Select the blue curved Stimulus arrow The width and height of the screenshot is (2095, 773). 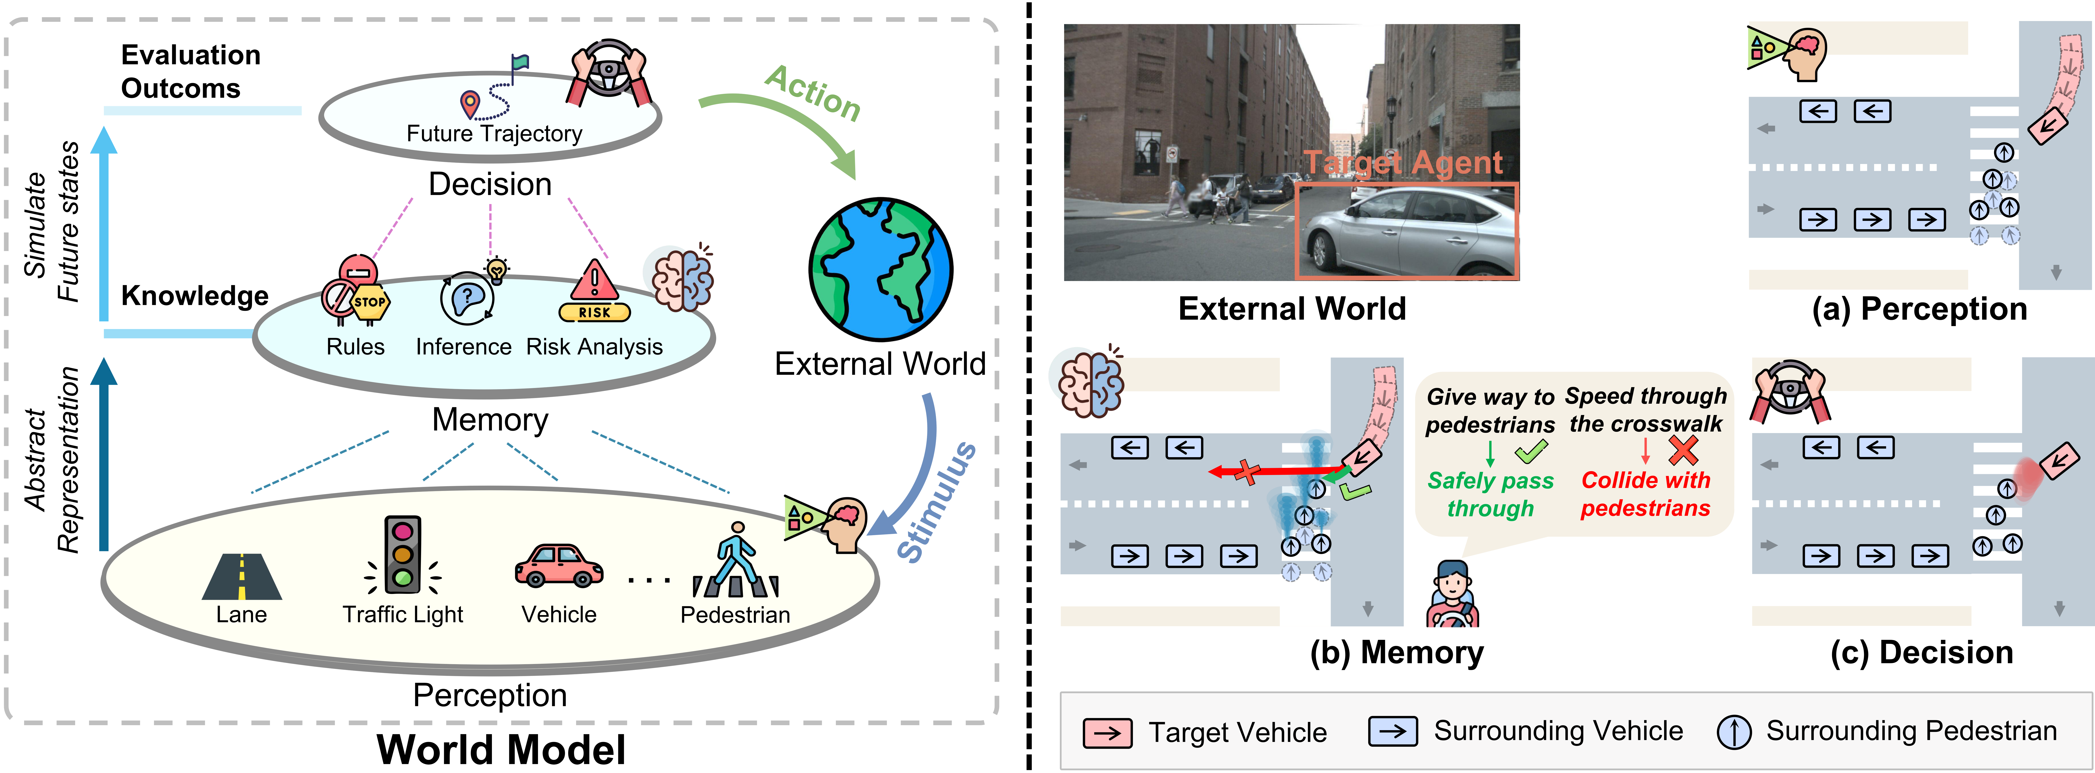pyautogui.click(x=915, y=472)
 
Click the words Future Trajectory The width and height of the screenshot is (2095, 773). pyautogui.click(x=494, y=133)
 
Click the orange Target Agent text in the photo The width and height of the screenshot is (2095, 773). pyautogui.click(x=1404, y=163)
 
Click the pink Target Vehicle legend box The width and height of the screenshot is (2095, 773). pyautogui.click(x=1108, y=732)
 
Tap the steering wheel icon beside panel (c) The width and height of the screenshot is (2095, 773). pyautogui.click(x=1789, y=390)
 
